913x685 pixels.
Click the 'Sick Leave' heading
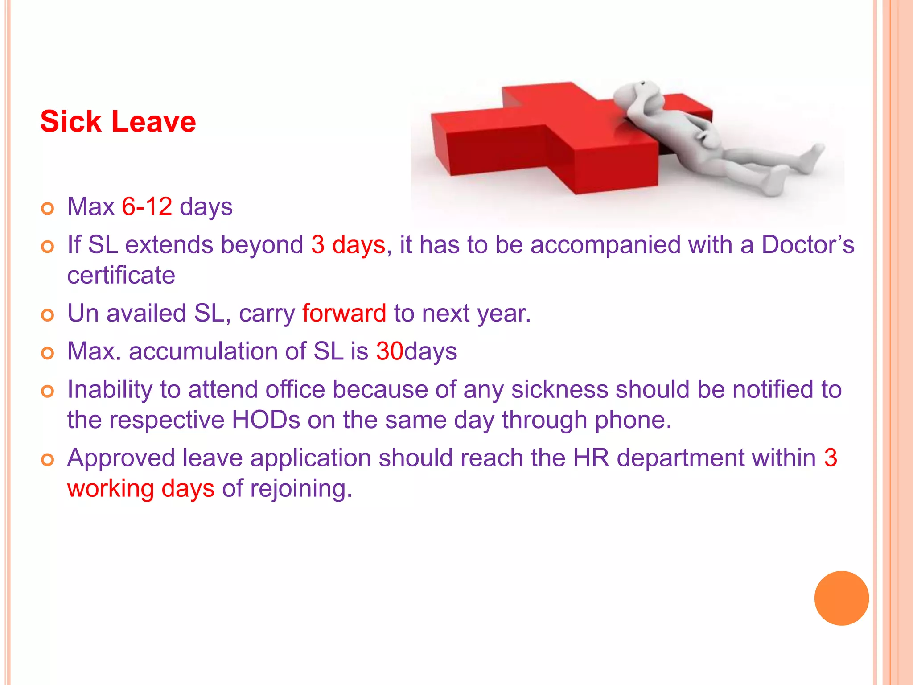118,122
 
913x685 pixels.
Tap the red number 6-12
147,206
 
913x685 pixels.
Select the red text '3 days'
348,245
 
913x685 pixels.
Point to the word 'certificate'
121,275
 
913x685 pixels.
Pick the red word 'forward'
344,313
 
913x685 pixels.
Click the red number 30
390,351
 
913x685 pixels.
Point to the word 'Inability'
110,389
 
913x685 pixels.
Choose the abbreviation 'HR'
591,458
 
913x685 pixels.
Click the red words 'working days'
141,488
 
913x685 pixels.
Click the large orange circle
841,598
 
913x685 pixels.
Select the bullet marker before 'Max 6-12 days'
47,208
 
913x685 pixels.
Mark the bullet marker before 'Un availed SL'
47,315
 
